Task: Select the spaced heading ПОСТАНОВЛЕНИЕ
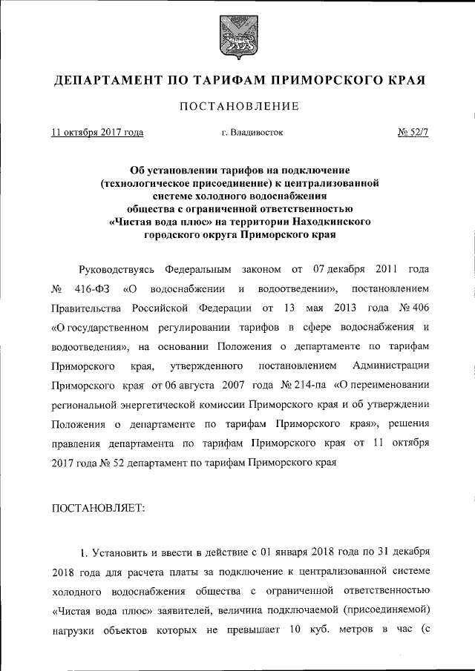tap(237, 107)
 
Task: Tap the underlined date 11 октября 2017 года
tap(96, 133)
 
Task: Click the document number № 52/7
tap(413, 133)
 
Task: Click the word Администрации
tap(390, 366)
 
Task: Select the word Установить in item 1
tap(122, 552)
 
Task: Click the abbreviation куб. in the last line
tap(330, 631)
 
